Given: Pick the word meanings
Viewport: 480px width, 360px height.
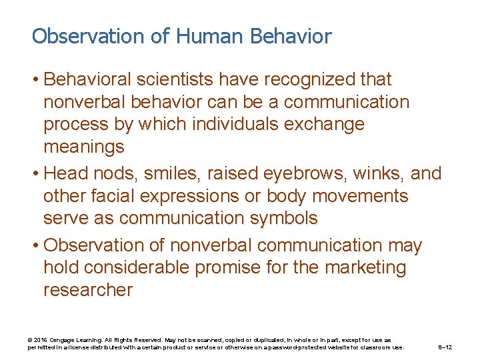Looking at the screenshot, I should click(x=84, y=147).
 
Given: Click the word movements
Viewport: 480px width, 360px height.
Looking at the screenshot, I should click(x=370, y=196).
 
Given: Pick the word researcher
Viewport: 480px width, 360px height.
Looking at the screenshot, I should click(x=88, y=290).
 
